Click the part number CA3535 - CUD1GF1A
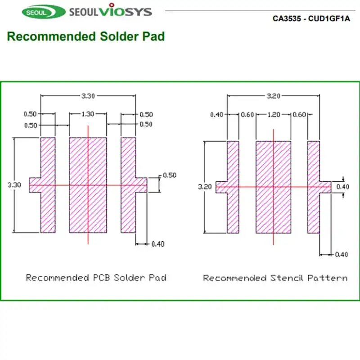tap(311, 19)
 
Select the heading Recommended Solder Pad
tap(85, 36)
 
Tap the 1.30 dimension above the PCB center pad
tap(88, 114)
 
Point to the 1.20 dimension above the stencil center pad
tap(273, 115)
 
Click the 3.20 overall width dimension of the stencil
tap(274, 96)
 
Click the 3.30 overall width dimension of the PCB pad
tap(88, 95)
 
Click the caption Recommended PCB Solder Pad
tap(96, 278)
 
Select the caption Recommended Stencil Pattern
tap(275, 278)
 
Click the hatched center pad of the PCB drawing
tap(88, 202)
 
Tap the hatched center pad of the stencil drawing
tap(273, 207)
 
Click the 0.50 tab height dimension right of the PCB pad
tap(169, 175)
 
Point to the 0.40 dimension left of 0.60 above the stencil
tap(217, 115)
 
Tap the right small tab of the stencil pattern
tap(325, 187)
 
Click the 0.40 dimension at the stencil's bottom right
tap(342, 255)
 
